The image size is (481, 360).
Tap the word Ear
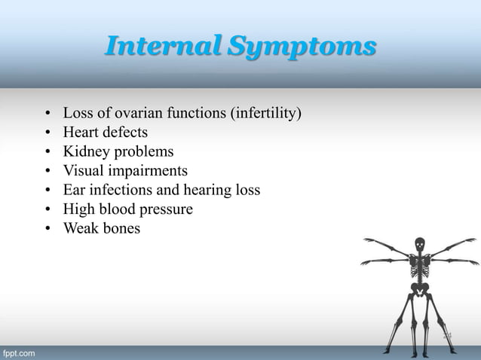[75, 189]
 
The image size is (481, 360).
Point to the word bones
[123, 227]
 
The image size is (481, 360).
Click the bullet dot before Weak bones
[47, 228]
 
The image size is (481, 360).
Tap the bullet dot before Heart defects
[47, 133]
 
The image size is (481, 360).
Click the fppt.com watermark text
[18, 352]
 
